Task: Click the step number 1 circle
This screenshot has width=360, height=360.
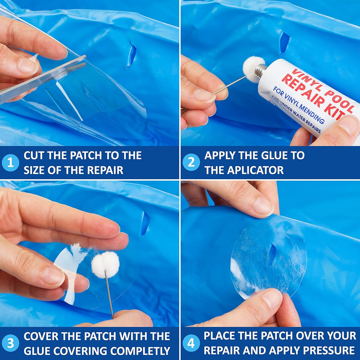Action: click(x=10, y=163)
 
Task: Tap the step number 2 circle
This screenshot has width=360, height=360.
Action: click(x=191, y=163)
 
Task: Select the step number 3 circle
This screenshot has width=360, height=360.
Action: click(x=10, y=343)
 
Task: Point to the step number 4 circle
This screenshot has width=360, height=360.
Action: click(x=191, y=343)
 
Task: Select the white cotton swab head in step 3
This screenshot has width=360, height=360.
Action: click(x=105, y=264)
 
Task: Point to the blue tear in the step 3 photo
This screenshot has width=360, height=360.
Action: click(x=145, y=223)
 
